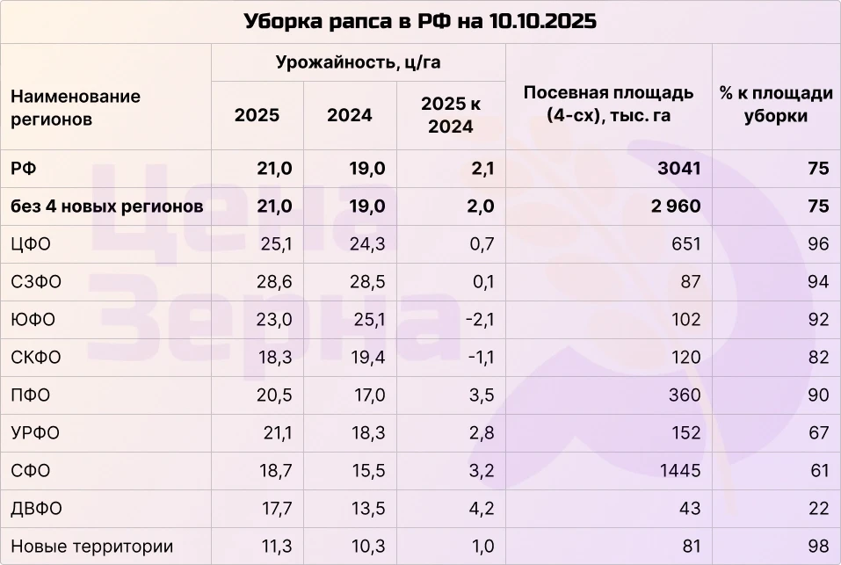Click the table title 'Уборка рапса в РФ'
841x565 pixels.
(420, 21)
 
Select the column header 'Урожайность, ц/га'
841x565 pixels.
(358, 62)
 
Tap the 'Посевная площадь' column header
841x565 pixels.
(608, 104)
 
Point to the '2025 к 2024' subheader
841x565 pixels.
(451, 115)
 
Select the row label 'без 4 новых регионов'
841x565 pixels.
(107, 206)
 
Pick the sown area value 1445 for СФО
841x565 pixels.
(680, 471)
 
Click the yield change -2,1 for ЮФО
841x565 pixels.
(478, 319)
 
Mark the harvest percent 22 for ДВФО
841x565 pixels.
(819, 509)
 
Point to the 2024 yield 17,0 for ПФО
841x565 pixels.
(368, 395)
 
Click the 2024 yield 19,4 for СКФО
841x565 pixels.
(368, 357)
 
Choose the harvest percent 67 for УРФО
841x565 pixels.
(819, 432)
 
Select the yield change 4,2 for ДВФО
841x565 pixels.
(482, 509)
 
